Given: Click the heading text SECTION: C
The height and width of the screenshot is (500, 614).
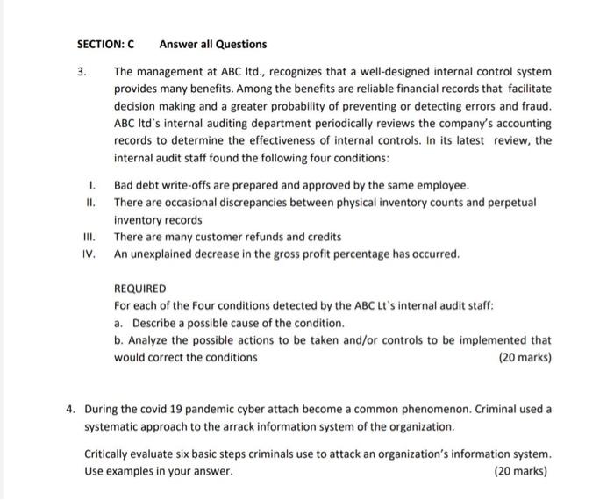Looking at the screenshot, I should click(104, 44).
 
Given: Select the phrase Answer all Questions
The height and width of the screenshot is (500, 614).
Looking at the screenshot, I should click(213, 44).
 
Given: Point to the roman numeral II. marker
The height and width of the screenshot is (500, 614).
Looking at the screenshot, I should click(90, 203).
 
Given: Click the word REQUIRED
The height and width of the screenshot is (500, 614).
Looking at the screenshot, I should click(139, 289).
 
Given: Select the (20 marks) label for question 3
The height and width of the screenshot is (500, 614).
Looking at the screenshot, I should click(524, 357).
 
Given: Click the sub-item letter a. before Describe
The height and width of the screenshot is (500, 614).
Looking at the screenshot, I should click(119, 323).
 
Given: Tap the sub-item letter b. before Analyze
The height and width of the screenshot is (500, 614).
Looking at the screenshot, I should click(119, 339).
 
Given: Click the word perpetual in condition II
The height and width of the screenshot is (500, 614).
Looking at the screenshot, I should click(509, 203).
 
